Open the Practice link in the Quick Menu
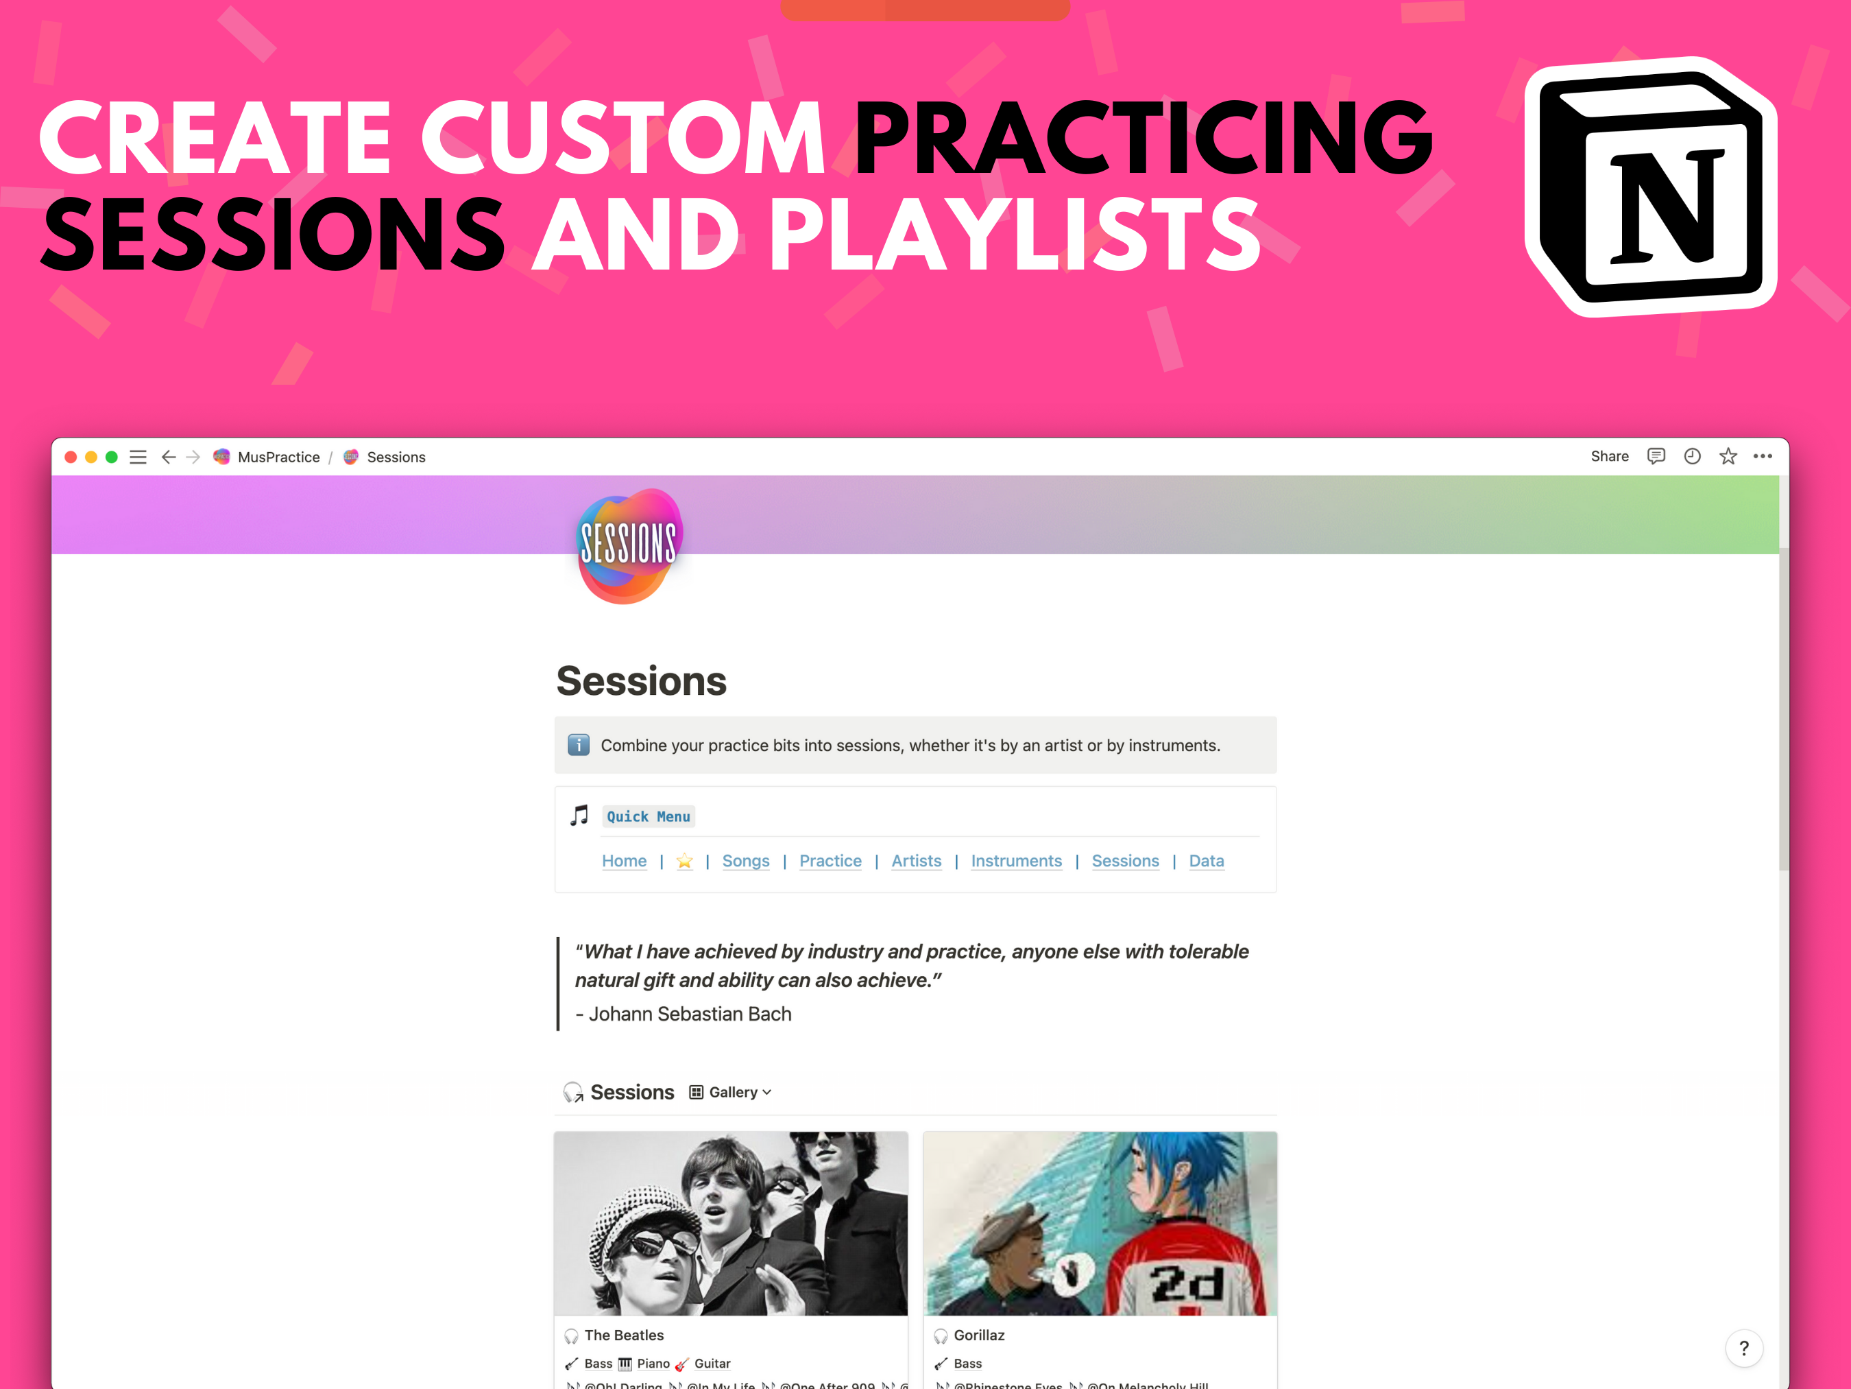point(830,861)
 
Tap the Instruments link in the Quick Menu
point(1016,861)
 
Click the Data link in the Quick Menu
point(1206,861)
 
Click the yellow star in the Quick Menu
point(684,861)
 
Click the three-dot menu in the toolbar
point(1763,456)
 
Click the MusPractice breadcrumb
point(278,457)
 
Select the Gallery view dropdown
point(731,1092)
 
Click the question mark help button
point(1744,1348)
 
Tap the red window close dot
point(71,457)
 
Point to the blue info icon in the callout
point(578,744)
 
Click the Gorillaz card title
point(978,1335)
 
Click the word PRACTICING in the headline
point(1143,138)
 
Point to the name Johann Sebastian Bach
point(690,1014)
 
